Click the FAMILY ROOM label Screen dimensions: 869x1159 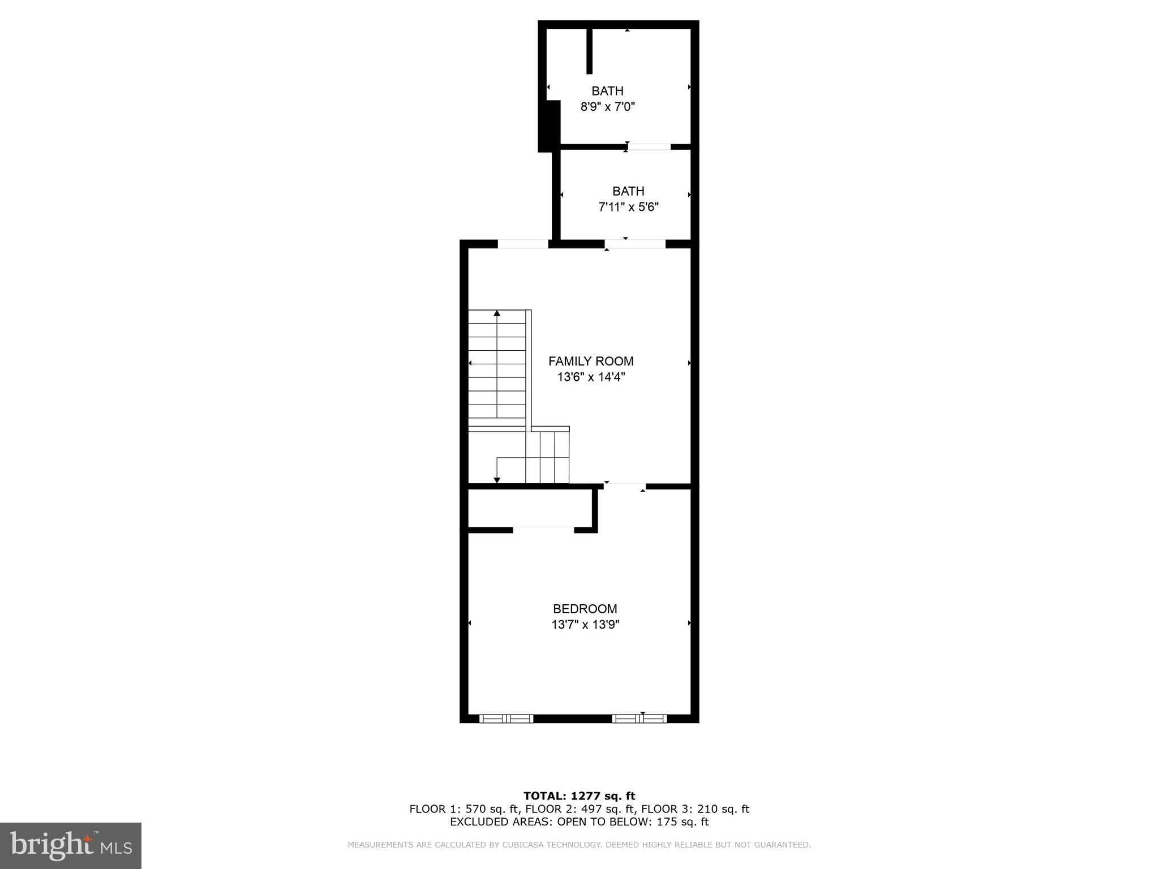[x=591, y=361]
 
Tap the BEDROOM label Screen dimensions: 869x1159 [x=585, y=609]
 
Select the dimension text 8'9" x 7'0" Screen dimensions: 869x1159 [x=608, y=106]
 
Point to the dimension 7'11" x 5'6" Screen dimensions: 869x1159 [x=628, y=207]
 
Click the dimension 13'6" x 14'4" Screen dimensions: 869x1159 [x=591, y=377]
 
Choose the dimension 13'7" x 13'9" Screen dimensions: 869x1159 [x=585, y=625]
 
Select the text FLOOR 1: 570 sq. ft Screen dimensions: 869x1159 [x=464, y=809]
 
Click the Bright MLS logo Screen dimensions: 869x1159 [x=70, y=845]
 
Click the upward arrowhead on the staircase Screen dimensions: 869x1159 [x=497, y=313]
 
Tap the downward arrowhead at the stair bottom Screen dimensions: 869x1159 [x=497, y=480]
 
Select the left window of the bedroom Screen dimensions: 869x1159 [x=506, y=719]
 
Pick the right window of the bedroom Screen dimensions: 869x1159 [x=639, y=719]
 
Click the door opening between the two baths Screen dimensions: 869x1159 [x=649, y=147]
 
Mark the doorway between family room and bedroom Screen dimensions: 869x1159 [x=625, y=486]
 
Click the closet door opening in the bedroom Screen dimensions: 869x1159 [x=543, y=530]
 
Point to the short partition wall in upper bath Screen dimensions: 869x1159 [x=589, y=51]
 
